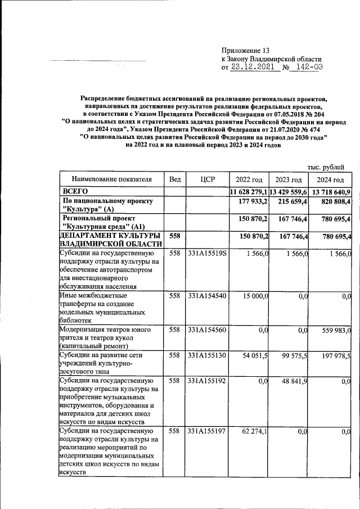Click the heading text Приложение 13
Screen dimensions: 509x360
coord(246,49)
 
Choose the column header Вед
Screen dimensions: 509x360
coord(175,179)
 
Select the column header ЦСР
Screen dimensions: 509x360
coord(208,179)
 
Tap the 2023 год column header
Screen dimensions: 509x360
coord(289,179)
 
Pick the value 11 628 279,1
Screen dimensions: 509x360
coord(249,192)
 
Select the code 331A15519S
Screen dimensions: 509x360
coord(208,254)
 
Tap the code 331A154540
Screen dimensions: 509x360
coord(208,296)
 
